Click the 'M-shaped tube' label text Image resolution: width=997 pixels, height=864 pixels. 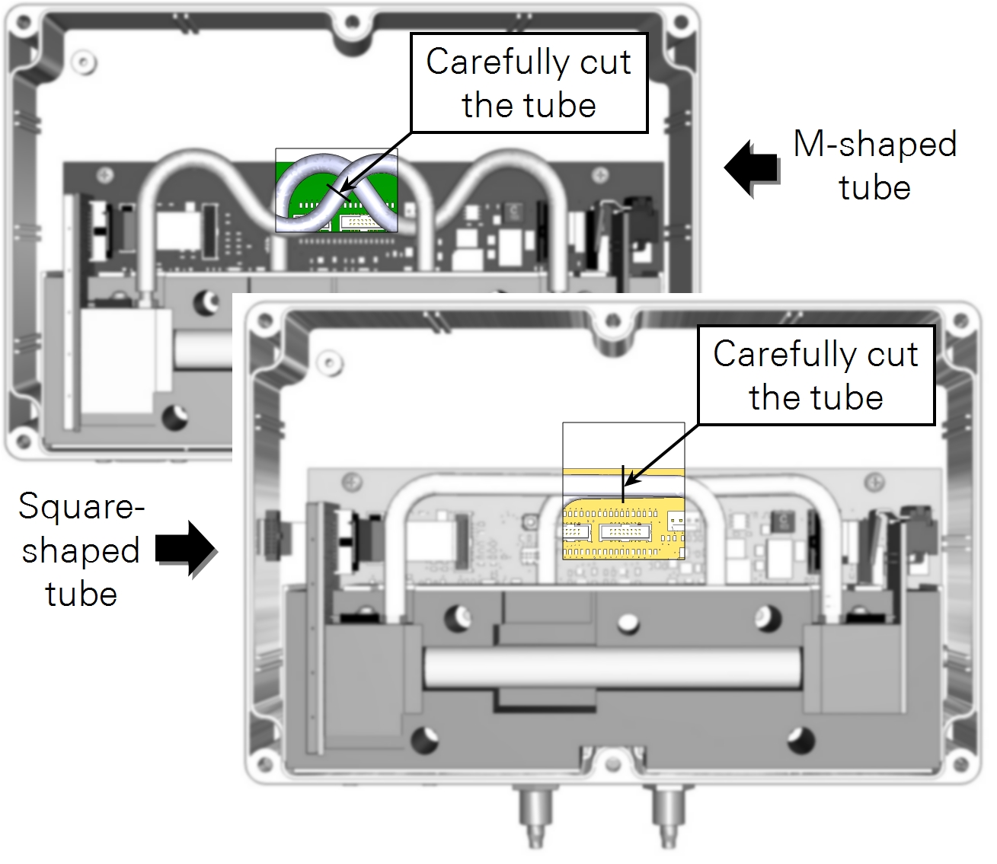coord(875,165)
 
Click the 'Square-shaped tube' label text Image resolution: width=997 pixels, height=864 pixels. coord(81,550)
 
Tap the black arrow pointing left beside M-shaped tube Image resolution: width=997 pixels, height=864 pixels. coord(752,167)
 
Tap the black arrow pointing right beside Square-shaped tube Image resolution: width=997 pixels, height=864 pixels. coord(186,548)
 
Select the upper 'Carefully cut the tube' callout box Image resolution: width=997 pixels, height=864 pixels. coord(529,83)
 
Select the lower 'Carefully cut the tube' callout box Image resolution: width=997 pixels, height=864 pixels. coord(816,375)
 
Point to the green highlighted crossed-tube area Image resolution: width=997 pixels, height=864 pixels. coord(336,190)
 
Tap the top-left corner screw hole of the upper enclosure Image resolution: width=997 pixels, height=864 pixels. coord(24,22)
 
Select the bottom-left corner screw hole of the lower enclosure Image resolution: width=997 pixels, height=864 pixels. coord(264,764)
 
